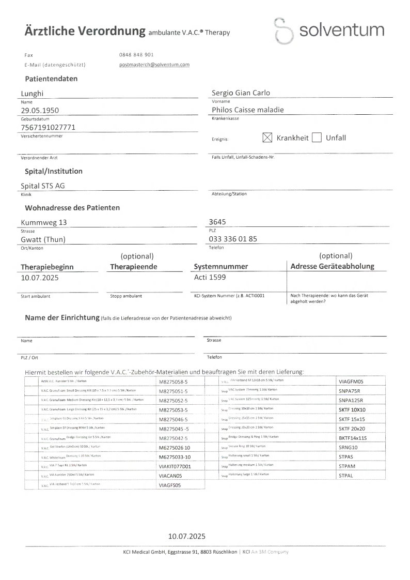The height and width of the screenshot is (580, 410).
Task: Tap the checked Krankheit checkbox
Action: click(267, 138)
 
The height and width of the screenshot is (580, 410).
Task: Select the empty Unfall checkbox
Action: click(317, 138)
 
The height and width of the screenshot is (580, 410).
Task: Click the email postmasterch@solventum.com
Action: click(154, 65)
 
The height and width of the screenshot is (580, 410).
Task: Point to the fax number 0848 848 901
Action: click(136, 54)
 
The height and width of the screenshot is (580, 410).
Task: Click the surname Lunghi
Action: click(33, 93)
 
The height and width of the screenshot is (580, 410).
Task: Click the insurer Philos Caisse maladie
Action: click(248, 110)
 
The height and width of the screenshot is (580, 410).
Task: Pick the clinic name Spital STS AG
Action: click(42, 186)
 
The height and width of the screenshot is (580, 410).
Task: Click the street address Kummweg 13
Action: click(43, 223)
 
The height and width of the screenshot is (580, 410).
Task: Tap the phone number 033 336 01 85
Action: click(233, 239)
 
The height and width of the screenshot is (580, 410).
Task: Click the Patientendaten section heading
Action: click(51, 79)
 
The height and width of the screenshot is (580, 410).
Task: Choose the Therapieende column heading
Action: click(133, 267)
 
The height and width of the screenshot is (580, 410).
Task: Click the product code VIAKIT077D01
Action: click(175, 466)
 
